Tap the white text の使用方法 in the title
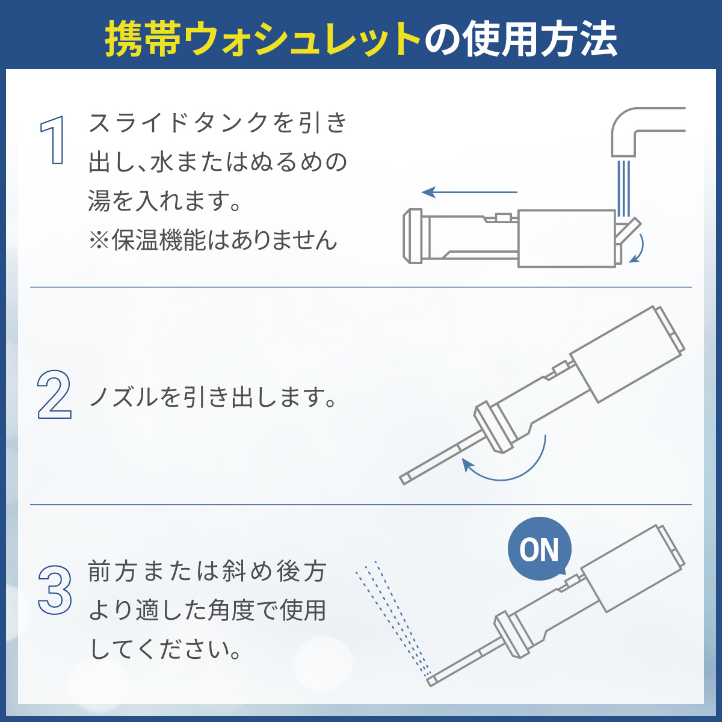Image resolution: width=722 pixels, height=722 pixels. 521,40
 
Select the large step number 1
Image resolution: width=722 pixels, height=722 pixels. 54,141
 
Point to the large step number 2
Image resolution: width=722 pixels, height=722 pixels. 54,395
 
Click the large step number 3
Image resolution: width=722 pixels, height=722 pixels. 55,590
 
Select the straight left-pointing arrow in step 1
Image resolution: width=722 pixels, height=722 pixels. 469,193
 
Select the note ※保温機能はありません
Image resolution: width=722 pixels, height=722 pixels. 213,240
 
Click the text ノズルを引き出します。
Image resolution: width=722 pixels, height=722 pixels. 213,397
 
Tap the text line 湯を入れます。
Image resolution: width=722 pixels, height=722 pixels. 165,201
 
